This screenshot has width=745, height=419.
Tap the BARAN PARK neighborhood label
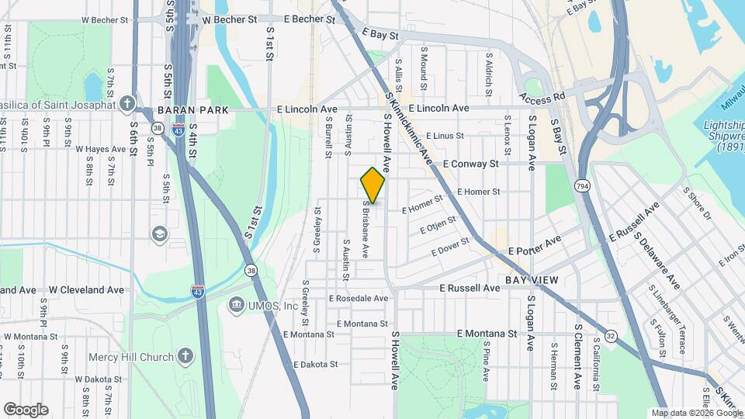tap(192, 110)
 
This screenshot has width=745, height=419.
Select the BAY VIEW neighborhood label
tap(532, 279)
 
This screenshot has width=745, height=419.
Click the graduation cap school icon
tap(159, 234)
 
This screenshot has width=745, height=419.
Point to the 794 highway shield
tap(582, 186)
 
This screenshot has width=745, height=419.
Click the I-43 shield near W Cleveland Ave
tap(198, 292)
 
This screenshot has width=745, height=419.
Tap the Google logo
tap(26, 410)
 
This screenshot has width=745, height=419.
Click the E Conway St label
tap(470, 164)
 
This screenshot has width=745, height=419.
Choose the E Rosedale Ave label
tap(358, 298)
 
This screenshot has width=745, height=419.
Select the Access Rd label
tap(542, 99)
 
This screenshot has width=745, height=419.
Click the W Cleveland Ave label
tap(86, 289)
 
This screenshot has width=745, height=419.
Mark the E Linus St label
tap(445, 136)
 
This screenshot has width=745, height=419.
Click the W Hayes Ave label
tap(100, 149)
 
